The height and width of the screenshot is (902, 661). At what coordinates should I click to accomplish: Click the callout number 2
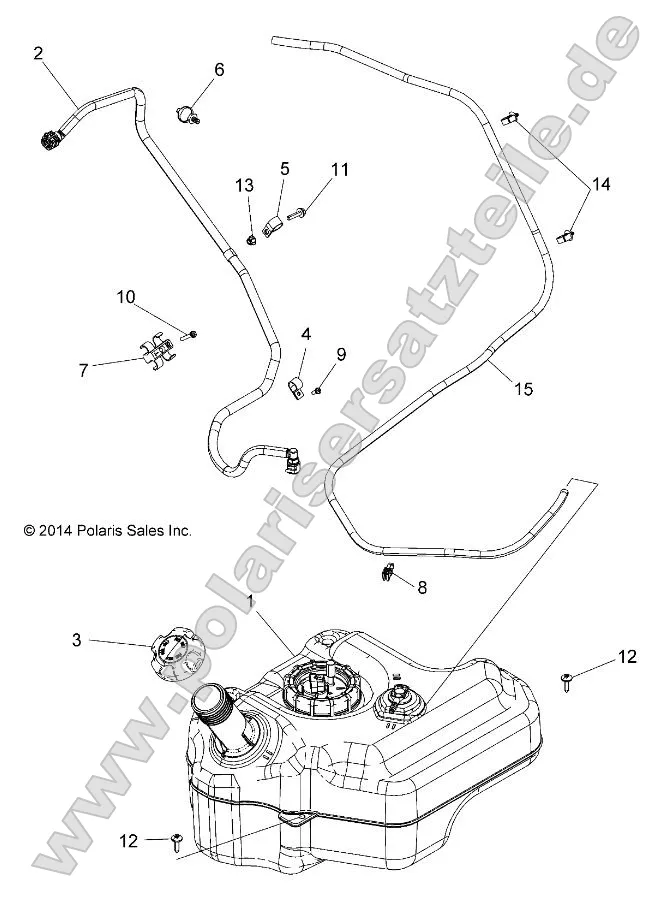[x=39, y=53]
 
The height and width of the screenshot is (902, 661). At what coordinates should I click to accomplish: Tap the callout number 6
[x=219, y=69]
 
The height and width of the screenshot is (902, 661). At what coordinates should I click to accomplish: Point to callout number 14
[x=600, y=184]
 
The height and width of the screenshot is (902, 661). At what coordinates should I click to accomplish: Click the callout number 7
[x=84, y=368]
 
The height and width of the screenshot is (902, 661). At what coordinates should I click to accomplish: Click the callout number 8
[x=421, y=588]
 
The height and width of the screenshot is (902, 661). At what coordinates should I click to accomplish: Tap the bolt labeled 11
[x=298, y=212]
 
